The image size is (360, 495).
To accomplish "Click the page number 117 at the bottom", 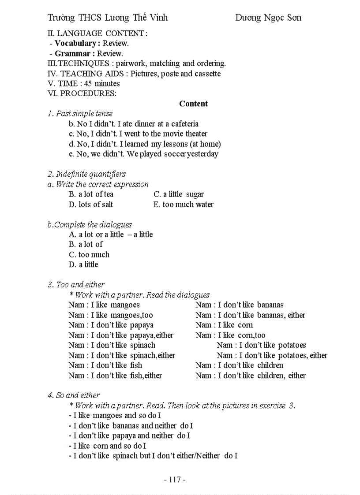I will [x=175, y=480].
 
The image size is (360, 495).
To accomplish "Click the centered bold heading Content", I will [x=193, y=104].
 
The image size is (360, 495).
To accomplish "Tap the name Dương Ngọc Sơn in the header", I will [x=268, y=18].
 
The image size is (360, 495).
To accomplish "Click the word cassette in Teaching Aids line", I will [x=207, y=74].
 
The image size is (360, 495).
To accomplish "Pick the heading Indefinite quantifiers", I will [x=90, y=174].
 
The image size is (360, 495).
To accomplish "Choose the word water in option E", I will [x=205, y=205].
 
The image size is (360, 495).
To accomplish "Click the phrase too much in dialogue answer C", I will [x=94, y=255].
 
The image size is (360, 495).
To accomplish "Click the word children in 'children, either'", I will [x=270, y=376].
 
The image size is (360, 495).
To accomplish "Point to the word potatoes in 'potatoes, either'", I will [x=291, y=355].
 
